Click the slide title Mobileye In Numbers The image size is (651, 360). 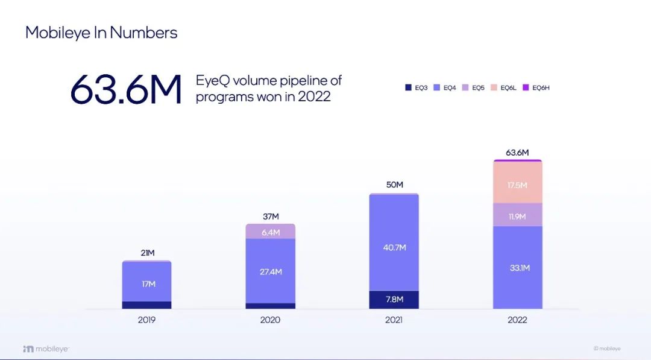tap(101, 33)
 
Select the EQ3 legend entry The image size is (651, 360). tap(417, 88)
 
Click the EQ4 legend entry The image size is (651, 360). tap(445, 88)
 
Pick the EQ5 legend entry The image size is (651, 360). tap(474, 88)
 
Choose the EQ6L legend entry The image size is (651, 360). tap(504, 88)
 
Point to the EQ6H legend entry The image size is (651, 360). tap(536, 88)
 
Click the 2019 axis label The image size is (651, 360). tap(146, 320)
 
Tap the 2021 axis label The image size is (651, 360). tap(394, 320)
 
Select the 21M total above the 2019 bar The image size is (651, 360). tap(146, 253)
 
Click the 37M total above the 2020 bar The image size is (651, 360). tap(271, 216)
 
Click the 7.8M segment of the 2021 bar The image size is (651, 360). tap(394, 300)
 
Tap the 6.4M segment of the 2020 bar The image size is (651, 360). tap(271, 232)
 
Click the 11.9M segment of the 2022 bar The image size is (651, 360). tap(517, 215)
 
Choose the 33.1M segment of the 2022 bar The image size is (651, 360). tap(517, 267)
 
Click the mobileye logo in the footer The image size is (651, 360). tap(46, 349)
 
